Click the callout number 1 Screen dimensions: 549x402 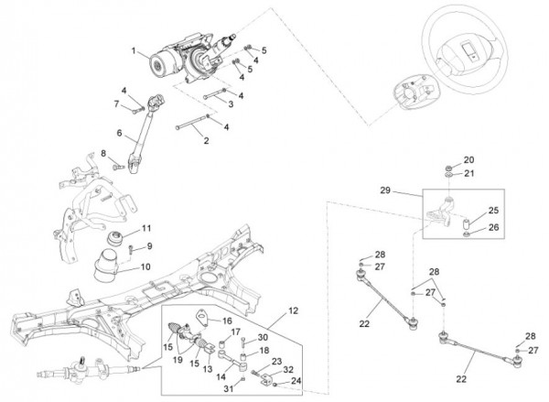(x=134, y=51)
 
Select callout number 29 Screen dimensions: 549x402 (x=385, y=190)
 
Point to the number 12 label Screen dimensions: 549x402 (x=293, y=310)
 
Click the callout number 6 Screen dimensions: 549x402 (x=119, y=133)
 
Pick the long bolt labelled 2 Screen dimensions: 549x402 (x=191, y=124)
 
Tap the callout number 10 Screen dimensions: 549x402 (x=145, y=266)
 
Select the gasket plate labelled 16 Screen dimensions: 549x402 (x=202, y=316)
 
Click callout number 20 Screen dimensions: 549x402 (x=468, y=160)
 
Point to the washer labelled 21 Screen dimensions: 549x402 (x=449, y=174)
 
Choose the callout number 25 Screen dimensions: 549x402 (x=493, y=211)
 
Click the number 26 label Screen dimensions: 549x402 (x=493, y=227)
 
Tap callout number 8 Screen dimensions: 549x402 (x=103, y=154)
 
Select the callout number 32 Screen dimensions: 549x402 (x=288, y=369)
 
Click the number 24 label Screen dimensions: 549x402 (x=296, y=381)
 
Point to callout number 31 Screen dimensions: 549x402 (x=228, y=388)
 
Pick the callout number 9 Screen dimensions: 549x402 (x=149, y=246)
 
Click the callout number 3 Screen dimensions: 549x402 (x=231, y=104)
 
